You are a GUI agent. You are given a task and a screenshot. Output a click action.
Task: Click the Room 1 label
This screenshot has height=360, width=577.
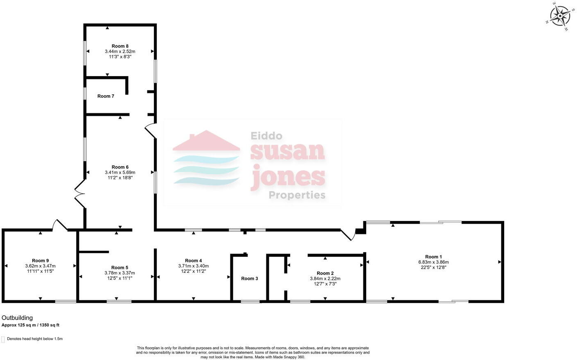coord(433,257)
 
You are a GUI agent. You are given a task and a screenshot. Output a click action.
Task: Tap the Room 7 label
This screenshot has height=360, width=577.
coord(106,96)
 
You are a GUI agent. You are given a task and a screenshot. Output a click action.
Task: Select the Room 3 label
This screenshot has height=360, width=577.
coord(249,279)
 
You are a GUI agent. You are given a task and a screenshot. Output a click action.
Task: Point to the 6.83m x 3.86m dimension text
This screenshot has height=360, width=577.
coord(433,262)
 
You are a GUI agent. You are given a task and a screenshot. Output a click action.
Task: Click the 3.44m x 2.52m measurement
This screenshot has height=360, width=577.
coord(120,52)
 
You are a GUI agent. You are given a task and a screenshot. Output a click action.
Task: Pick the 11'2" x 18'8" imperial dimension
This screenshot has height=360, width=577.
coord(120,178)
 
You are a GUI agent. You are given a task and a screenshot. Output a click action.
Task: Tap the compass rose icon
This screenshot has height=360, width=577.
coord(559,16)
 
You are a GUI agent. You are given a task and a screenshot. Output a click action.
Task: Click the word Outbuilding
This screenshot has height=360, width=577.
coord(17,318)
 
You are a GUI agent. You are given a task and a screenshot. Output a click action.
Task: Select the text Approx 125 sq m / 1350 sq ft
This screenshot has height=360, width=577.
coord(31,325)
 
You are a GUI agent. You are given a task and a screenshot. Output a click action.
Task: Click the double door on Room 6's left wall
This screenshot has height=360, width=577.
coord(79,195)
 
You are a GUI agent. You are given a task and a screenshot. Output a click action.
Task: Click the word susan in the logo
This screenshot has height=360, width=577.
coord(287,151)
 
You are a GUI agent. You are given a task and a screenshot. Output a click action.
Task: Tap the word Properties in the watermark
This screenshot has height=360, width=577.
coord(297,195)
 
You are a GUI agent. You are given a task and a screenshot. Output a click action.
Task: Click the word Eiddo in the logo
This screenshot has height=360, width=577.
coord(266,136)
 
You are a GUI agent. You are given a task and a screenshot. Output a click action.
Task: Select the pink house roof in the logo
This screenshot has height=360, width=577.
coord(206,141)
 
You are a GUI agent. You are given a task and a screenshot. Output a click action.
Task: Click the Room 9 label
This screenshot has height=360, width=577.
coord(40,261)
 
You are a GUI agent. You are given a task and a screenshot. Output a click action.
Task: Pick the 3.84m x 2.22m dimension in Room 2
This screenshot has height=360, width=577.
coord(325,279)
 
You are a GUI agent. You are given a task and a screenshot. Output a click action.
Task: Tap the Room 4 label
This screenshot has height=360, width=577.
coord(193,261)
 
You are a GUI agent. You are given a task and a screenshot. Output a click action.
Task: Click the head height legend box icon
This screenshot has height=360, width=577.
coord(3,339)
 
